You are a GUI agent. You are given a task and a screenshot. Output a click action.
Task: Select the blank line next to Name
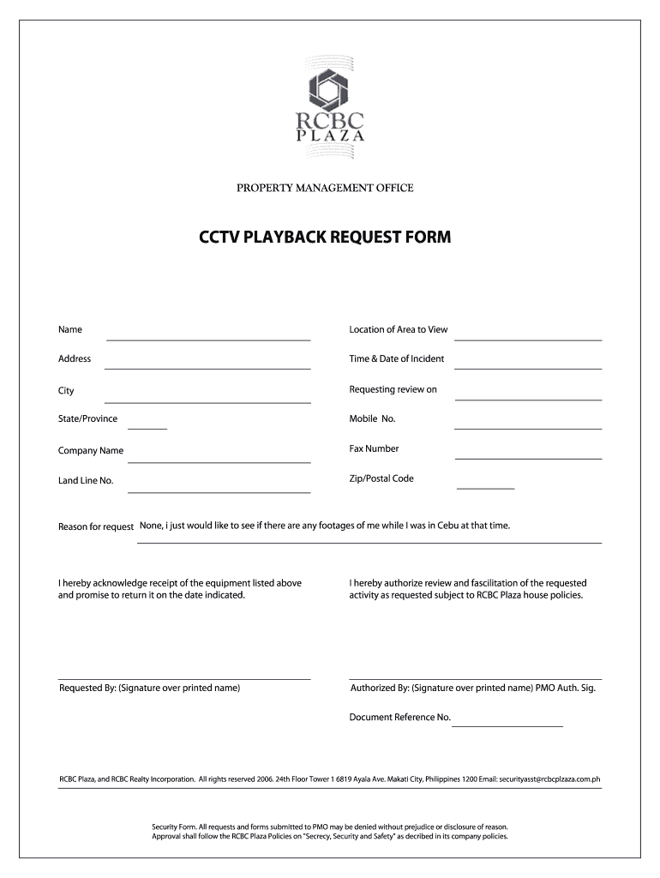point(207,339)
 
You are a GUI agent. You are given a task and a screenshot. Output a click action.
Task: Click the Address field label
point(75,358)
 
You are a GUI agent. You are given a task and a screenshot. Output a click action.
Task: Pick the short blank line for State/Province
point(147,427)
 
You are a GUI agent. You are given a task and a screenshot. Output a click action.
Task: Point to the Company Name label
point(91,450)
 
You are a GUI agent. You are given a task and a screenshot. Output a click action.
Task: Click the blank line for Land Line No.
point(219,491)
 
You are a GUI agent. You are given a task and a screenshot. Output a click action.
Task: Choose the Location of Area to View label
point(398,329)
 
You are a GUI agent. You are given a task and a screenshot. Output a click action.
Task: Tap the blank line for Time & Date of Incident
point(527,368)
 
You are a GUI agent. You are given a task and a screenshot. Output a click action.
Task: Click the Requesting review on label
point(393,389)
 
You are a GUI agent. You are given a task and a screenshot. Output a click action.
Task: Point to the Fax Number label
point(374,448)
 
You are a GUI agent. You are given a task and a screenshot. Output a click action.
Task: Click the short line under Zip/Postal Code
point(485,487)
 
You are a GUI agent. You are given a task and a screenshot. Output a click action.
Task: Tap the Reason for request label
point(96,526)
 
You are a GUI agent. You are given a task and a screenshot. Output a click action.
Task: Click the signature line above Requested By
point(183,678)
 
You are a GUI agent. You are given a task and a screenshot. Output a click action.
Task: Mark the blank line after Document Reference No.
point(507,725)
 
